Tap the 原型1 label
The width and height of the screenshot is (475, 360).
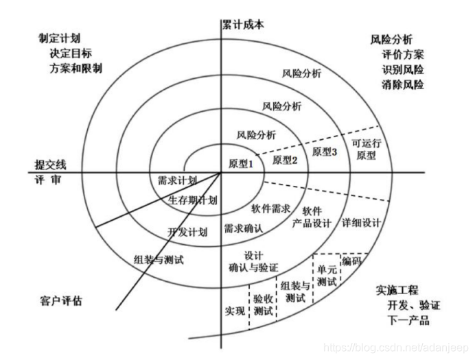pos(241,163)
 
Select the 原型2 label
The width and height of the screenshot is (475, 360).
pos(285,160)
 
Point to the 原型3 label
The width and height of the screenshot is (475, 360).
pos(324,152)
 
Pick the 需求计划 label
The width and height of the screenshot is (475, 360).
pos(177,181)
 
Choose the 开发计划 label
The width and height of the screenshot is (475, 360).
pos(187,231)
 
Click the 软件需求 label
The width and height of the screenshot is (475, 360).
pos(271,207)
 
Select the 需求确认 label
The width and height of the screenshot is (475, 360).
pos(244,227)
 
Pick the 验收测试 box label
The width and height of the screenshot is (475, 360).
pos(263,304)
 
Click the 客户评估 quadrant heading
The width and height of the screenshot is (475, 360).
pos(60,300)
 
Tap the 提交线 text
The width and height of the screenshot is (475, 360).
pos(52,165)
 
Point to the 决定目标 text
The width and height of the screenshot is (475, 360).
pos(71,53)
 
